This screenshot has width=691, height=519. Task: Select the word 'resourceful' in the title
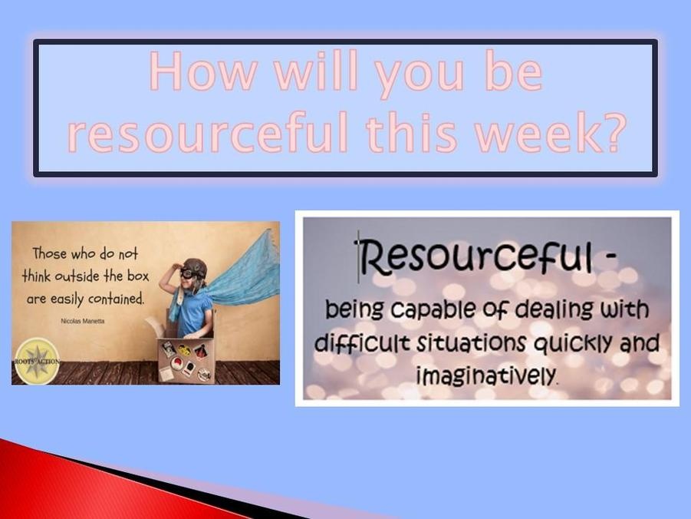(x=207, y=132)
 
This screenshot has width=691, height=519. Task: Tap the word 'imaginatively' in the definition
(x=486, y=375)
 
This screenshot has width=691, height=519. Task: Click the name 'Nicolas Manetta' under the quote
(x=82, y=321)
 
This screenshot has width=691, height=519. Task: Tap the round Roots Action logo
(x=37, y=362)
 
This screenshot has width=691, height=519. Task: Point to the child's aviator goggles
(x=192, y=273)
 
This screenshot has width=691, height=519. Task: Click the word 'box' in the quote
(x=138, y=276)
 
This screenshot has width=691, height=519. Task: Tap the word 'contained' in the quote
(x=117, y=299)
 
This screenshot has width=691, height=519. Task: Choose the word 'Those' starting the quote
(x=50, y=253)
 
